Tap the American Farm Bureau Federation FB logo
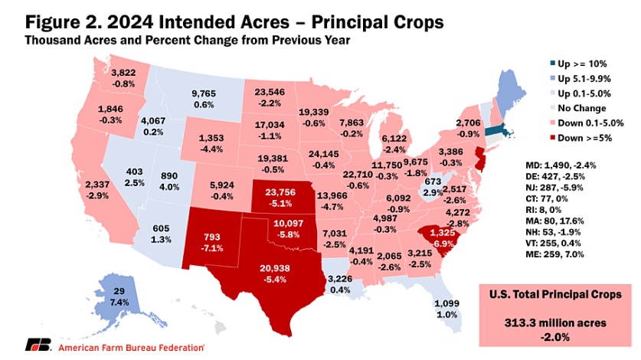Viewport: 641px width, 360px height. [38, 346]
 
